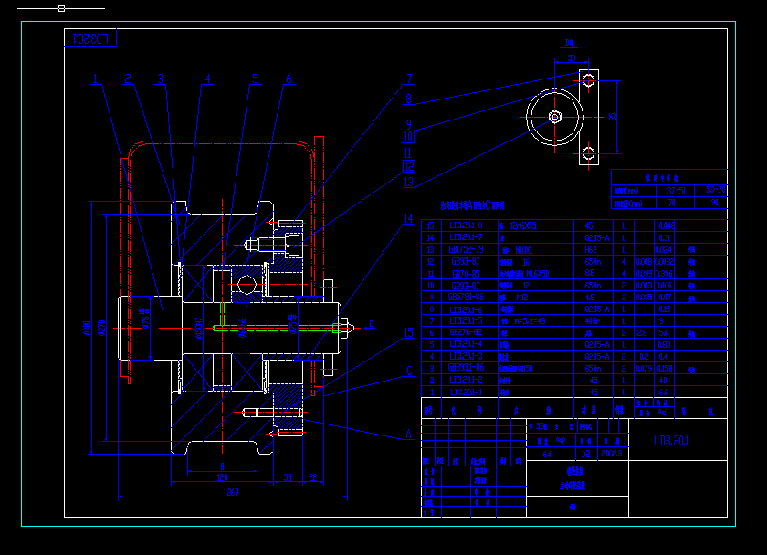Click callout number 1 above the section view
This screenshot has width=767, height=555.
96,79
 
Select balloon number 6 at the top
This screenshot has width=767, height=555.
289,79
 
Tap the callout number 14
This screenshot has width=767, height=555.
409,219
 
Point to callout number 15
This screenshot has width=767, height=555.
409,333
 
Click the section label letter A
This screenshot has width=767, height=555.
409,435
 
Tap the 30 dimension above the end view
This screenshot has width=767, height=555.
570,58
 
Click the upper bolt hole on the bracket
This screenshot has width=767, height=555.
589,81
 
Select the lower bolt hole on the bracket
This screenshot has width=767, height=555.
589,152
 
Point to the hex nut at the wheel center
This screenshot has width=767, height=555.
555,117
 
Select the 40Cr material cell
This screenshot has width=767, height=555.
591,320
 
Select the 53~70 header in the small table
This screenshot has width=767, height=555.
677,191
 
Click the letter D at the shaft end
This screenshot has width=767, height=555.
372,323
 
